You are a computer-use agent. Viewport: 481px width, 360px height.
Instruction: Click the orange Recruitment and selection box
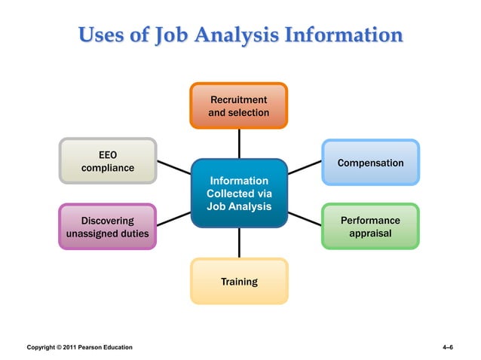click(238, 106)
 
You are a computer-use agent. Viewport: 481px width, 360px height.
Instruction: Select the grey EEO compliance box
click(108, 161)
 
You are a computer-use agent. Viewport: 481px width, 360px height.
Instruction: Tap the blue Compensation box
click(370, 163)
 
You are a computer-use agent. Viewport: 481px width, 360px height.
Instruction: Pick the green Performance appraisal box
click(370, 227)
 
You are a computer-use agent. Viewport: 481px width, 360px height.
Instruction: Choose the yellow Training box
click(239, 282)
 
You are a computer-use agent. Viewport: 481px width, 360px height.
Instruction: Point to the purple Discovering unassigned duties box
click(108, 227)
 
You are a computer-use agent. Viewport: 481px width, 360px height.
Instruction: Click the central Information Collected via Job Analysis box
click(239, 193)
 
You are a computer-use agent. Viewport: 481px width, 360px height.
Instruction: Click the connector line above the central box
click(239, 143)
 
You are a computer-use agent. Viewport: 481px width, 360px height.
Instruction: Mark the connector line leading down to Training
click(239, 243)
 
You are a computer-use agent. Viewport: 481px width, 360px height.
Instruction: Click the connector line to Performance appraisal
click(305, 218)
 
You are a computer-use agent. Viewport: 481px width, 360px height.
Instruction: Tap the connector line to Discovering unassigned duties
click(173, 218)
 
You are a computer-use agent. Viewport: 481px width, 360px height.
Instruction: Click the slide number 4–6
click(447, 347)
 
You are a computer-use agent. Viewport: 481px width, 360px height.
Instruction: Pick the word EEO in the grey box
click(108, 154)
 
